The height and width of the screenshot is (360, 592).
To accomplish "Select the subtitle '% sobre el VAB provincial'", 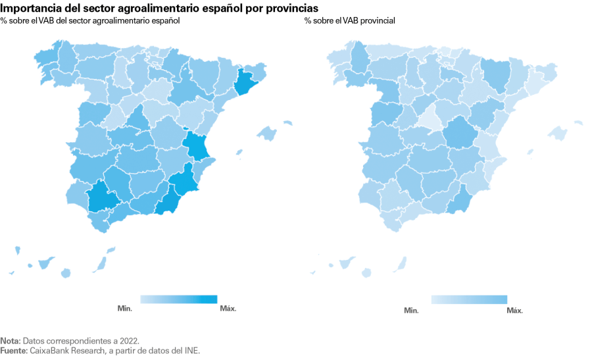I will pyautogui.click(x=349, y=21).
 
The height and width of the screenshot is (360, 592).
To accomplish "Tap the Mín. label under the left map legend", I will pyautogui.click(x=125, y=308).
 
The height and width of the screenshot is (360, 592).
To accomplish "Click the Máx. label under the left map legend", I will pyautogui.click(x=228, y=308).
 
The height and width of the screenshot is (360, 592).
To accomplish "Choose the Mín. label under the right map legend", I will pyautogui.click(x=412, y=310).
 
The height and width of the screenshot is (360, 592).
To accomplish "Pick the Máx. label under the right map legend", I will pyautogui.click(x=514, y=310).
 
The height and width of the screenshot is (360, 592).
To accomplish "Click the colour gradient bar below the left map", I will pyautogui.click(x=178, y=299).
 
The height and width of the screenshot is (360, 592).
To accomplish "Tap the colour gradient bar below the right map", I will pyautogui.click(x=469, y=299).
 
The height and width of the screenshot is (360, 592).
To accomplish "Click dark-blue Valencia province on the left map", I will pyautogui.click(x=198, y=147).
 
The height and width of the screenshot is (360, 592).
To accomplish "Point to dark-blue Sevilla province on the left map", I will pyautogui.click(x=103, y=196).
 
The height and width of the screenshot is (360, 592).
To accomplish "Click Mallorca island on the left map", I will pyautogui.click(x=267, y=133).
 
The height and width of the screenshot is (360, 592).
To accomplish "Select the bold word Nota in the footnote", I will pyautogui.click(x=10, y=341).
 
